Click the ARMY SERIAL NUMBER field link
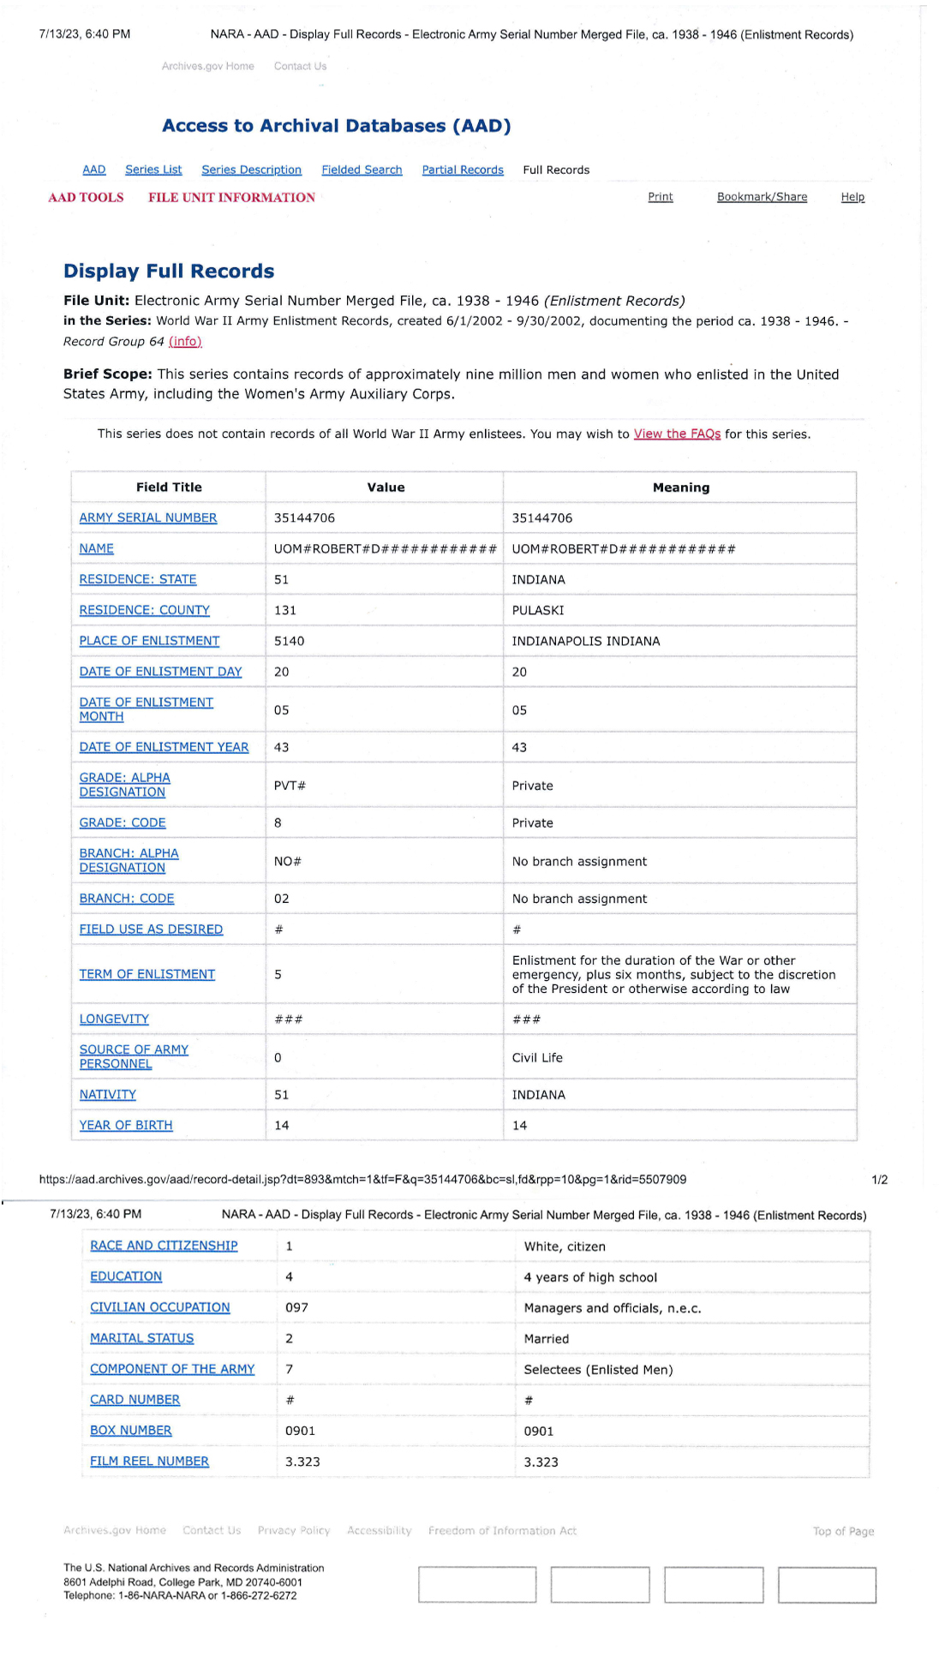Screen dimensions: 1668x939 click(147, 518)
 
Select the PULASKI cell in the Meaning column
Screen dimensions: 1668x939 click(538, 611)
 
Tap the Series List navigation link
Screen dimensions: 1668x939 click(153, 170)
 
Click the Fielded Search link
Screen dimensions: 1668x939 click(362, 170)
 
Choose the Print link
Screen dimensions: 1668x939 click(660, 197)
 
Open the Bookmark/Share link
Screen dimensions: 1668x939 click(762, 197)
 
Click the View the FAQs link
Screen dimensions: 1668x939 click(677, 434)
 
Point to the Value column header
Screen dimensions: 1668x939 click(386, 487)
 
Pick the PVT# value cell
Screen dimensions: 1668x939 click(290, 786)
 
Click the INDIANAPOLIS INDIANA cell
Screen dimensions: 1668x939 click(586, 642)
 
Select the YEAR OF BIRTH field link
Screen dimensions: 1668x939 click(126, 1126)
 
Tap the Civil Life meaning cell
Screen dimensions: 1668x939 click(537, 1058)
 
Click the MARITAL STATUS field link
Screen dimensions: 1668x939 click(142, 1338)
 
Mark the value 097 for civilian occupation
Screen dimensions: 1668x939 click(296, 1308)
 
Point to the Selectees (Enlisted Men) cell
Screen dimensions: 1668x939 click(598, 1370)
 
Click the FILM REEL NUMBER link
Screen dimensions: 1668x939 click(149, 1462)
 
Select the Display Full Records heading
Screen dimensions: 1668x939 click(169, 272)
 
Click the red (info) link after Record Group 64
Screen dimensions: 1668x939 click(185, 342)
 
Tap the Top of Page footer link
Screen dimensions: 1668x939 click(843, 1532)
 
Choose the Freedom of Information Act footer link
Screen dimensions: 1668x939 click(502, 1531)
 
